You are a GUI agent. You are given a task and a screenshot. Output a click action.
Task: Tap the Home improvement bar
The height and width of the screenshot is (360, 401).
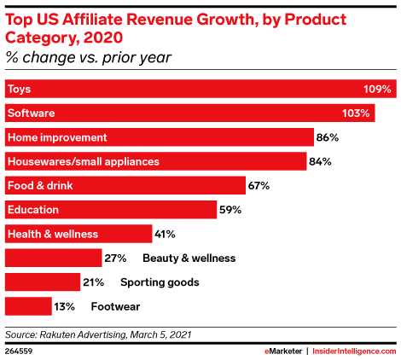click(159, 136)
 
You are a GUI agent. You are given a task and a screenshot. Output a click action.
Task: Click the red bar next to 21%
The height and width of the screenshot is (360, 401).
click(42, 282)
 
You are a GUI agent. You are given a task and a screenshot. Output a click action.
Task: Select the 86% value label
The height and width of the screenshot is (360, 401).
click(328, 136)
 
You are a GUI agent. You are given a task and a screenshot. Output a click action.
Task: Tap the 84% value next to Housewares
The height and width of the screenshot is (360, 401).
click(322, 161)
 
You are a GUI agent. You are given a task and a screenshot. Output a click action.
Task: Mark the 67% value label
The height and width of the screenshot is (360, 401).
click(259, 185)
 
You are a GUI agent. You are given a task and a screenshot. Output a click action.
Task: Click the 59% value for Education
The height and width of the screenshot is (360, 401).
click(230, 209)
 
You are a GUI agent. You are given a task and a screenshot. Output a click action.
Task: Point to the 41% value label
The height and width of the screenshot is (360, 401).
click(166, 234)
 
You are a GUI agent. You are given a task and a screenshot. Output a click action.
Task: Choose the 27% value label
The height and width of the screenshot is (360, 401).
click(115, 258)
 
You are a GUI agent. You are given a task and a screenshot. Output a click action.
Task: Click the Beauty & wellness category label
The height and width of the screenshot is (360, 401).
click(189, 258)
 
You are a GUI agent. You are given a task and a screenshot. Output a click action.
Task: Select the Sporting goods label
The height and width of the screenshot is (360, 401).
click(160, 282)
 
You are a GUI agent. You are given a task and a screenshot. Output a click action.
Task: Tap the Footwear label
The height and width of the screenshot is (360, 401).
click(117, 305)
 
